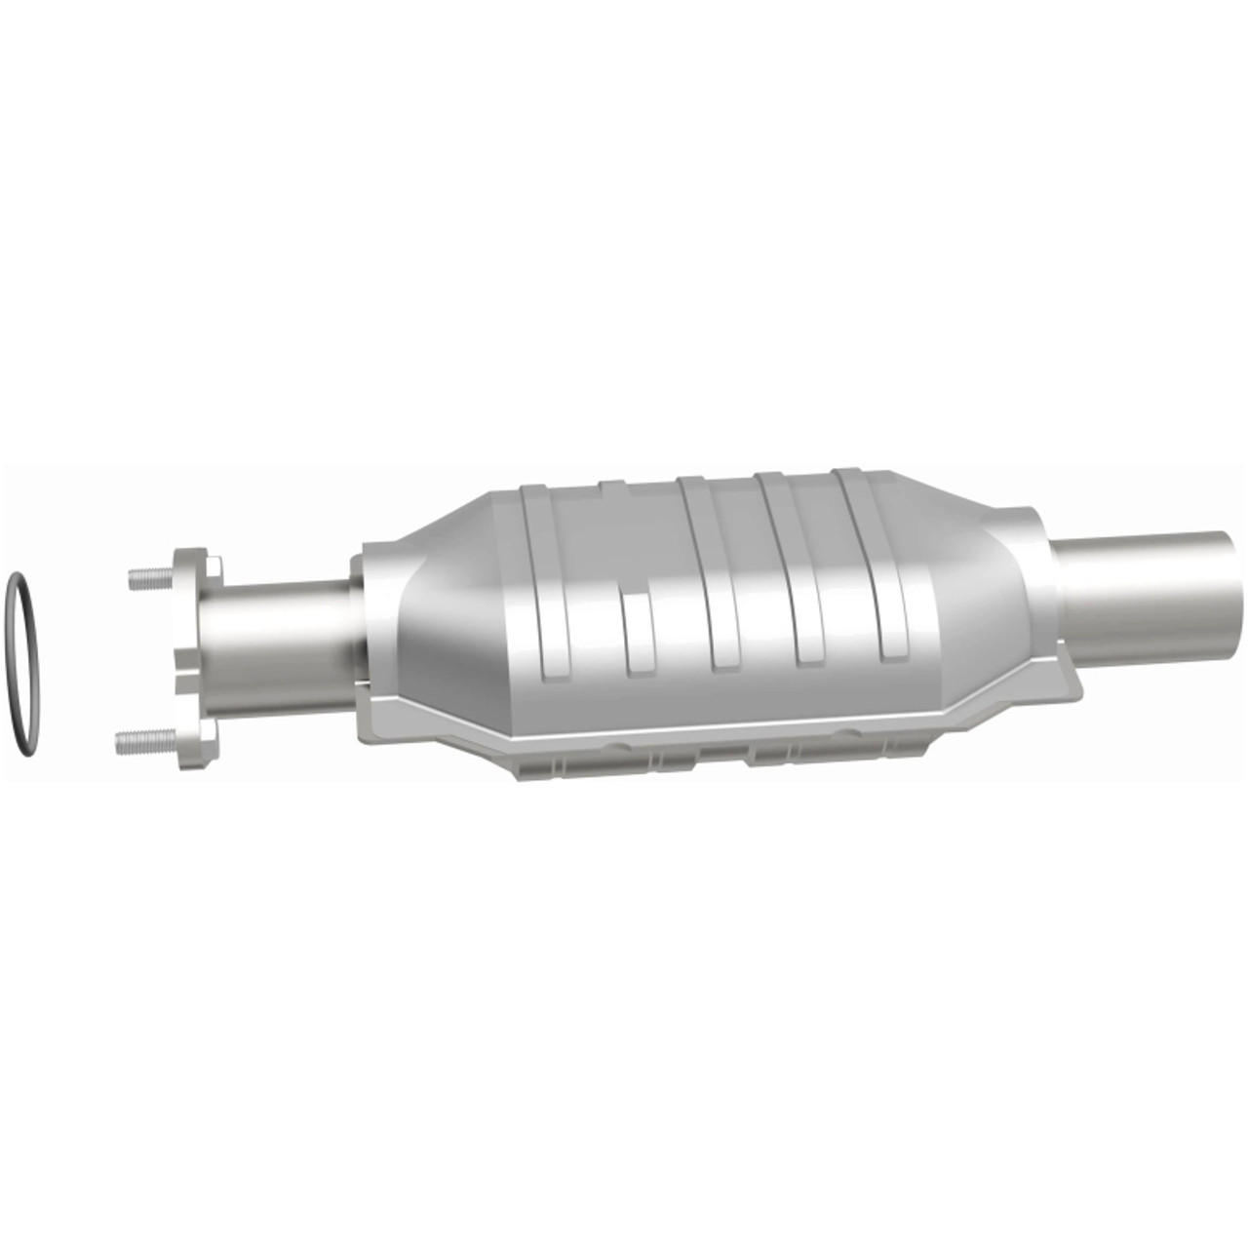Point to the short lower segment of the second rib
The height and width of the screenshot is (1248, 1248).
point(638,634)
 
